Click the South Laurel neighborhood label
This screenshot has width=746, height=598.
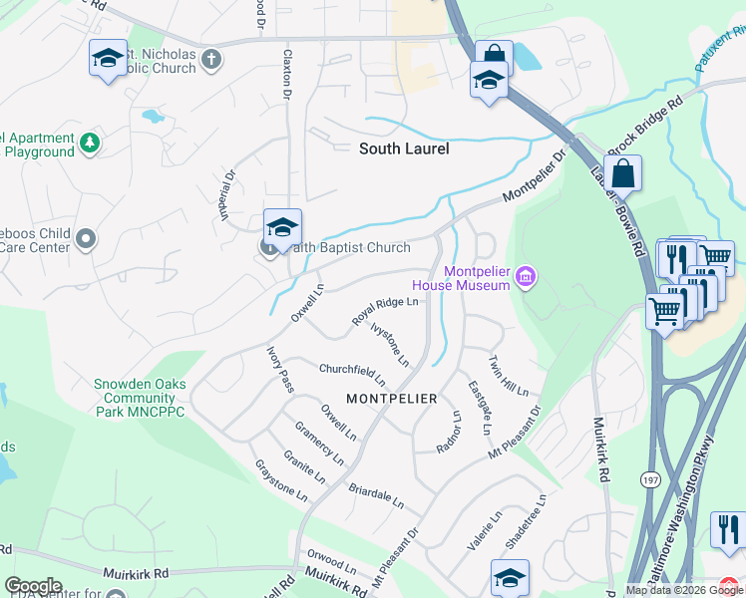click(x=404, y=149)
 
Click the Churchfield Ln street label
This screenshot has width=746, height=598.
click(x=352, y=375)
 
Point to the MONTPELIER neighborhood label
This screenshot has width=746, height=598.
click(x=391, y=399)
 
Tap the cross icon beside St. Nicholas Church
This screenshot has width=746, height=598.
click(x=210, y=60)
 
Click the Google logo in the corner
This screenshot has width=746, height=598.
click(x=33, y=586)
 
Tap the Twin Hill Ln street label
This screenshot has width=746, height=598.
click(x=508, y=376)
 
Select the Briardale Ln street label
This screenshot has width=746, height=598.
click(x=375, y=496)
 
